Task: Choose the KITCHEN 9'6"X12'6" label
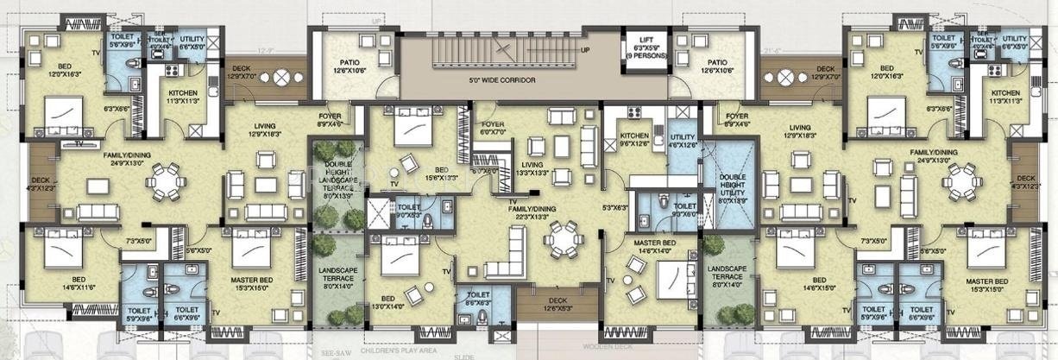pos(634,141)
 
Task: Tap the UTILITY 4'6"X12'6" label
pos(682,141)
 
